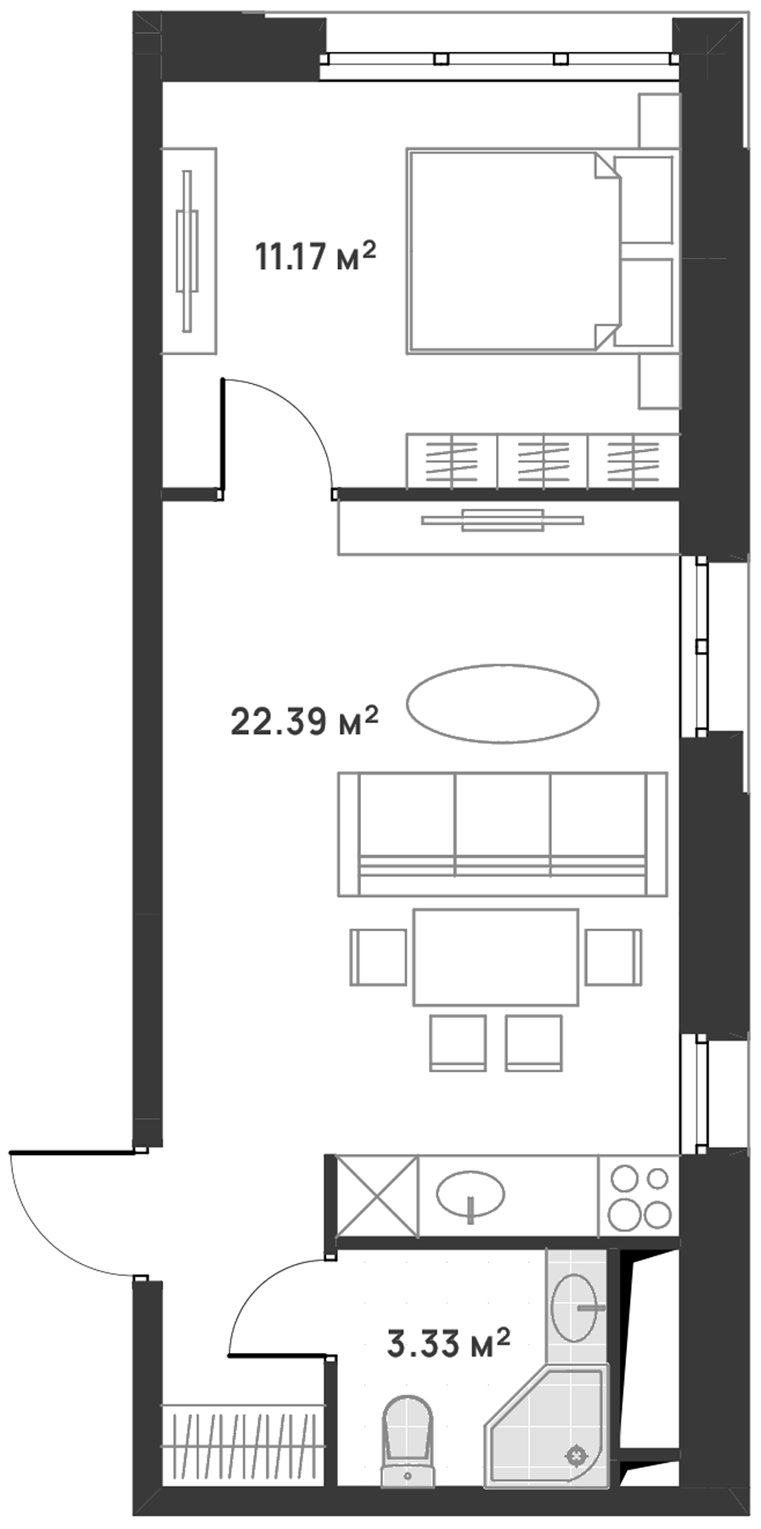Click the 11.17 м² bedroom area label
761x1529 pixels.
(315, 256)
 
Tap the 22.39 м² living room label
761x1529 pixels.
(304, 722)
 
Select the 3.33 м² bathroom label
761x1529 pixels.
(448, 1344)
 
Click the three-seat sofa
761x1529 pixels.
(503, 834)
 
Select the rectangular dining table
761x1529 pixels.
(496, 957)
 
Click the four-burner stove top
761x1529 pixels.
(639, 1196)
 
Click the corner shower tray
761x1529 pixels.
(547, 1425)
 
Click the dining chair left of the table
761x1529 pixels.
(378, 956)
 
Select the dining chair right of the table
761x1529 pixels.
(613, 956)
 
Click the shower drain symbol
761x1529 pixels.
(577, 1454)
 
